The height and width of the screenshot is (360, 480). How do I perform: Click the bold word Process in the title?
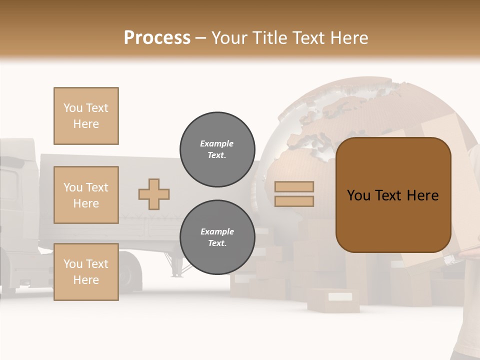157,37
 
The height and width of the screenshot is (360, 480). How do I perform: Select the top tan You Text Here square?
86,116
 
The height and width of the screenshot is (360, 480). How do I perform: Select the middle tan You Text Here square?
86,195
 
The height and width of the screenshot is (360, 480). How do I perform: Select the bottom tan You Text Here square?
86,271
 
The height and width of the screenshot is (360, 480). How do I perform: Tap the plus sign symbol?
154,194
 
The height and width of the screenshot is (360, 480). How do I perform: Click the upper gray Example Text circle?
217,149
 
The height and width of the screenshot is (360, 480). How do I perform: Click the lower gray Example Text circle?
217,237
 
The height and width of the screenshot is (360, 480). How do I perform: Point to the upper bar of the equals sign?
294,186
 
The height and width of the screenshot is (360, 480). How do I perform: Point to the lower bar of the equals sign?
294,201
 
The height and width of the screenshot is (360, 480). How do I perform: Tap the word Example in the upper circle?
217,143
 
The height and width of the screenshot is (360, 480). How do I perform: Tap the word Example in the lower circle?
217,231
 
